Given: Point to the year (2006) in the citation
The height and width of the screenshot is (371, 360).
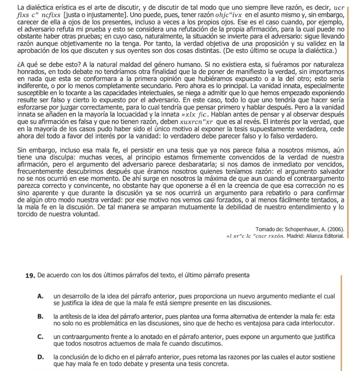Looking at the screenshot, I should (x=335, y=230).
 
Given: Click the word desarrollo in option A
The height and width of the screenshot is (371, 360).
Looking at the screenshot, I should (x=74, y=296).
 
